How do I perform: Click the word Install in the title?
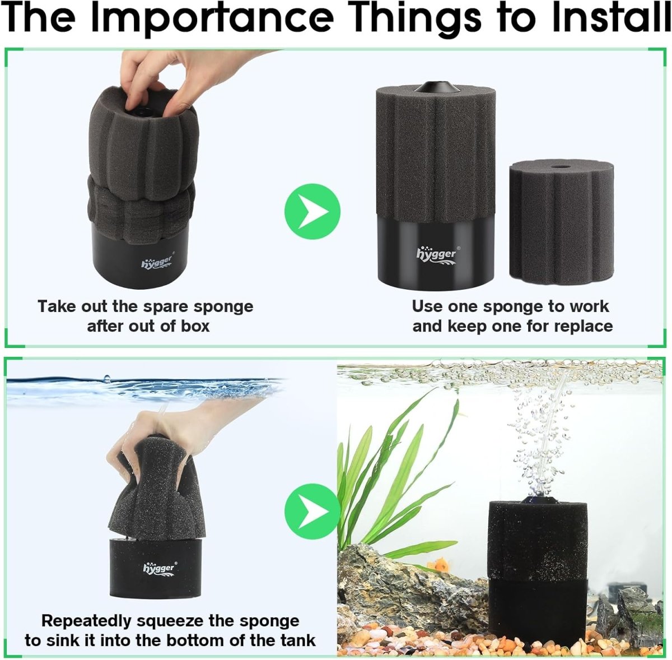click(x=610, y=18)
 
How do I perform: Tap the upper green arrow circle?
click(x=312, y=212)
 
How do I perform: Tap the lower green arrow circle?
click(x=312, y=512)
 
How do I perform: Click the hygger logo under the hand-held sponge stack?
click(x=157, y=262)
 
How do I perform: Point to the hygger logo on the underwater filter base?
click(x=159, y=568)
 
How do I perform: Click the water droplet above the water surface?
click(x=107, y=378)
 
